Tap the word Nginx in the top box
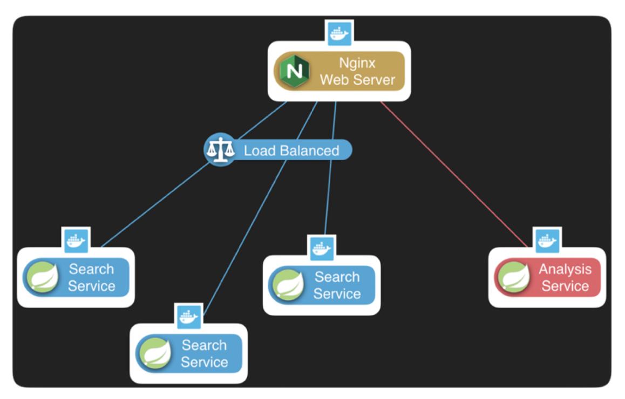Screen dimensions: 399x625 click(x=357, y=63)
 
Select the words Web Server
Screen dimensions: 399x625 click(x=357, y=80)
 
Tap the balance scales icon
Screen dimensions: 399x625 click(x=219, y=149)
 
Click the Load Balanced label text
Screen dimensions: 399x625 click(x=291, y=150)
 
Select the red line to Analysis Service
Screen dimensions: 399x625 click(x=453, y=173)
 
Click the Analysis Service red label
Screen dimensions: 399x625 click(x=565, y=277)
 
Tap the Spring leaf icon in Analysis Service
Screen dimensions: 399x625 click(x=513, y=277)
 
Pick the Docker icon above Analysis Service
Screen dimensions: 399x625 click(x=547, y=240)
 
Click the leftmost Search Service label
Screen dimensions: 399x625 click(x=91, y=277)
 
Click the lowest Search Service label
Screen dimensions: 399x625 click(x=204, y=353)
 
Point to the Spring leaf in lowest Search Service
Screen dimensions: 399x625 click(x=155, y=353)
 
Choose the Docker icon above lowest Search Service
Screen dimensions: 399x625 click(x=189, y=316)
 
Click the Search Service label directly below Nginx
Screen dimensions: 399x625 click(x=337, y=285)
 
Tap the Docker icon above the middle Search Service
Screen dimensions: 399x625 click(x=322, y=248)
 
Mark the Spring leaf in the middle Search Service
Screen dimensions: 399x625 click(x=288, y=285)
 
